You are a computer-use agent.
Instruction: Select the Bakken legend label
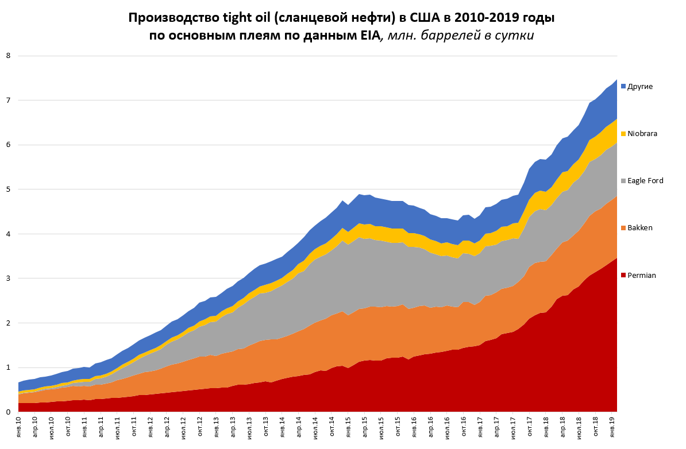(640, 228)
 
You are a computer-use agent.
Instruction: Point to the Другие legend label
(640, 86)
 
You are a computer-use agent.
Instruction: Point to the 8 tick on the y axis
(8, 56)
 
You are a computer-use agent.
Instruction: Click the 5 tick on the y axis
(8, 189)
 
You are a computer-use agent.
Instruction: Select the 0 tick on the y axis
(8, 412)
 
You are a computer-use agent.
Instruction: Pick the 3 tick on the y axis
(8, 278)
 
